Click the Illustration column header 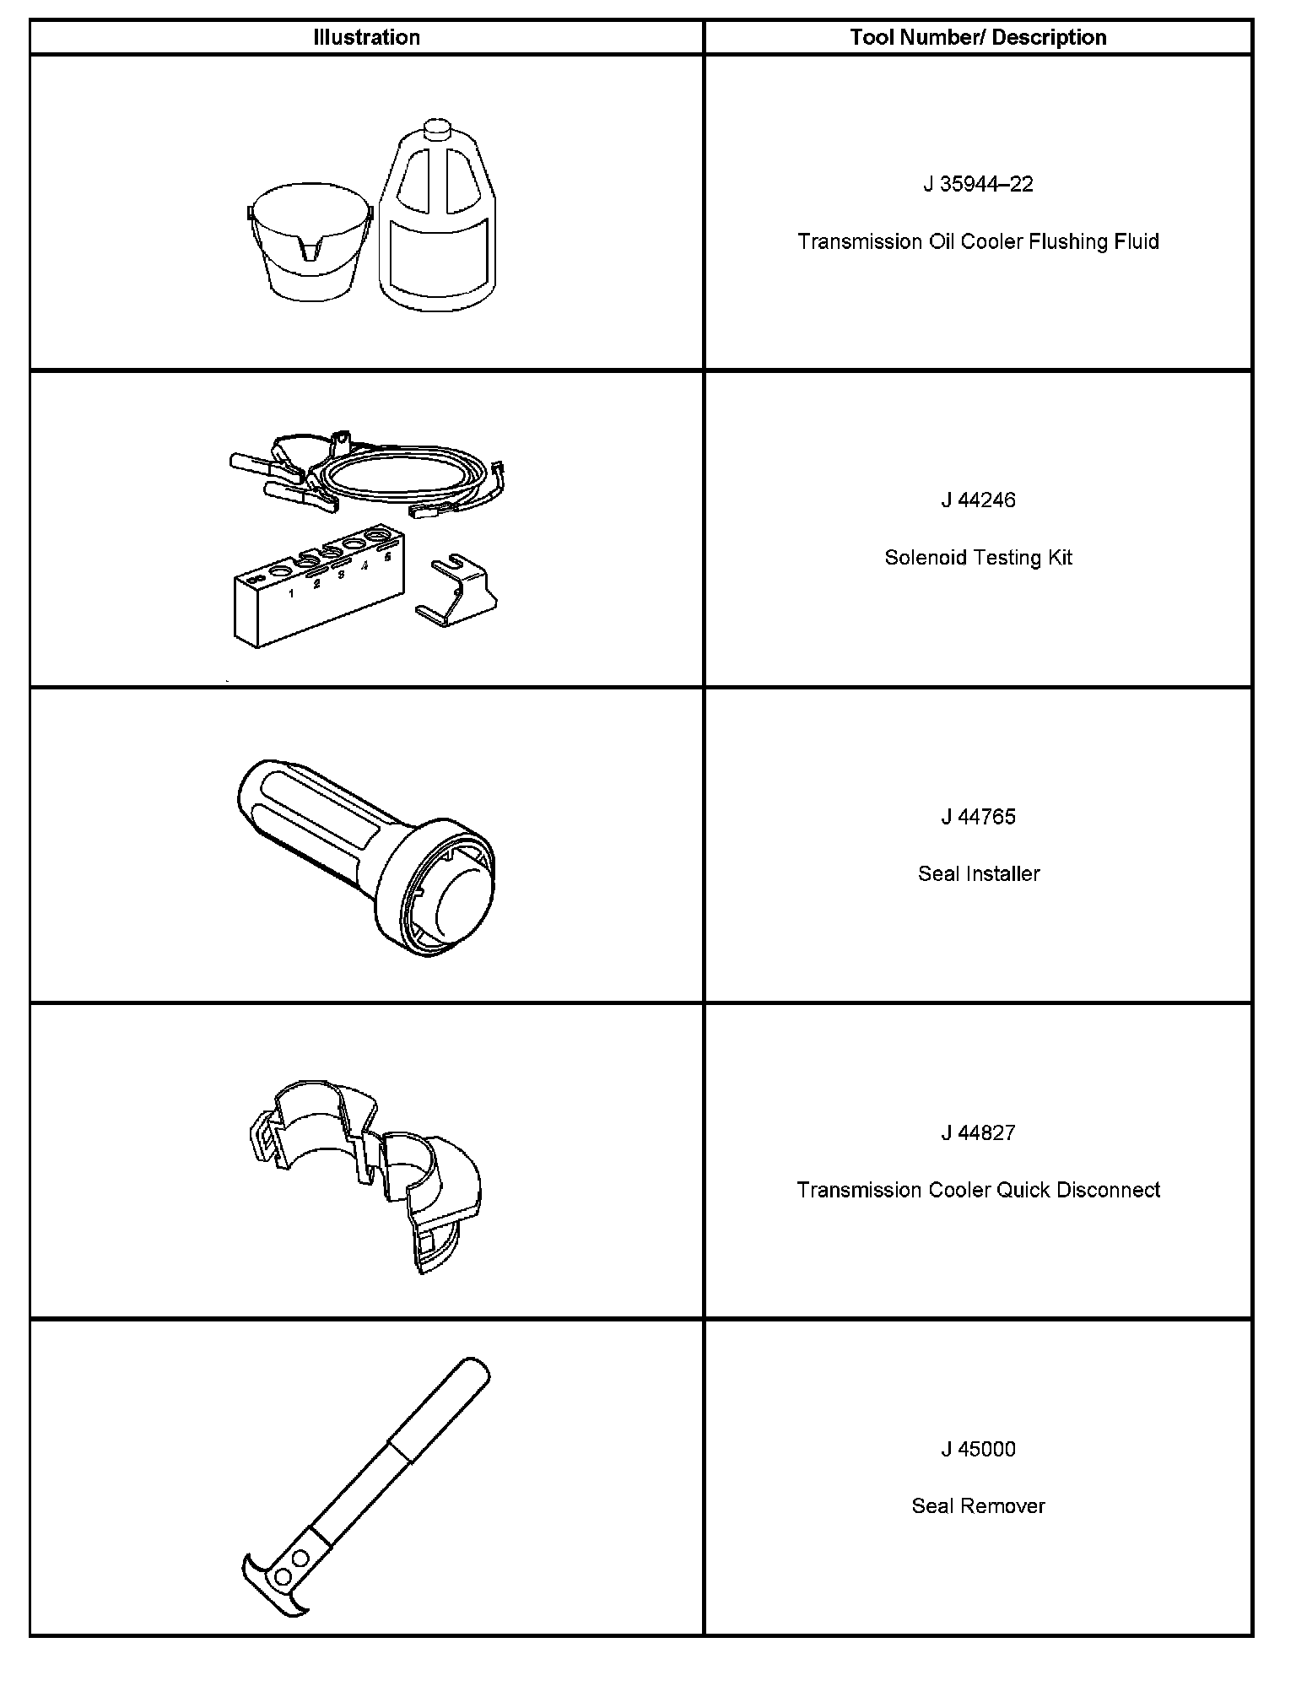pyautogui.click(x=366, y=38)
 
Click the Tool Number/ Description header pyautogui.click(x=978, y=38)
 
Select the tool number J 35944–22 pyautogui.click(x=978, y=185)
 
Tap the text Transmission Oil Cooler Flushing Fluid pyautogui.click(x=978, y=242)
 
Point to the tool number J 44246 pyautogui.click(x=978, y=500)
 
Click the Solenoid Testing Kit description pyautogui.click(x=978, y=558)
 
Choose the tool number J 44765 pyautogui.click(x=978, y=817)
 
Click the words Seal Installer pyautogui.click(x=978, y=874)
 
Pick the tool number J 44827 pyautogui.click(x=978, y=1133)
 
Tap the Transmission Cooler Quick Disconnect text pyautogui.click(x=978, y=1191)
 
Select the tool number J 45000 pyautogui.click(x=978, y=1450)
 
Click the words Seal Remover pyautogui.click(x=978, y=1507)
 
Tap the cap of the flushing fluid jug pyautogui.click(x=436, y=130)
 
